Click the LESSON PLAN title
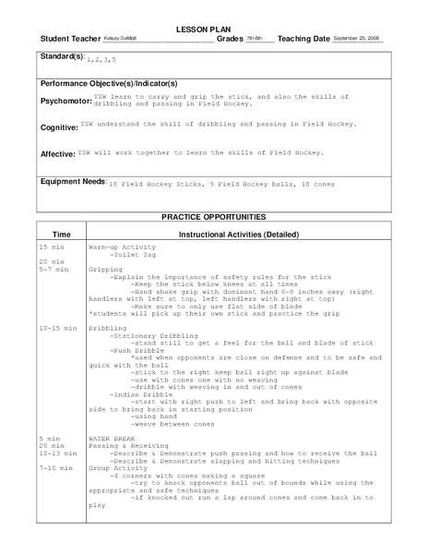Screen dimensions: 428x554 pos(214,29)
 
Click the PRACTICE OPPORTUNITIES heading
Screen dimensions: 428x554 pos(213,217)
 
